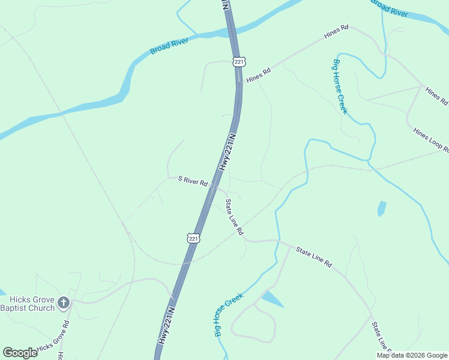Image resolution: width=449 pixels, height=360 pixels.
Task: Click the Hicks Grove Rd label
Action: coord(53,340)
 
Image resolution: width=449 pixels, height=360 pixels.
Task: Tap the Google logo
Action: coord(20,352)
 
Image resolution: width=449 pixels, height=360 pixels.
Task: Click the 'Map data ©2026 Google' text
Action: coord(412,355)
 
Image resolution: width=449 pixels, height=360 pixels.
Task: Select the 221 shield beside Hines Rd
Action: coord(240,62)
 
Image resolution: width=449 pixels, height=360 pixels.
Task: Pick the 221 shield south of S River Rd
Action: coord(193,238)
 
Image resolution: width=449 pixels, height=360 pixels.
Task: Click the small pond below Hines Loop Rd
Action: coord(381,209)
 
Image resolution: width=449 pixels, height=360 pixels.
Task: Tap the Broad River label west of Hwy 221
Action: coord(169,46)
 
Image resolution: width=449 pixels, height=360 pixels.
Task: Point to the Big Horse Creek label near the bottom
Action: coord(228,314)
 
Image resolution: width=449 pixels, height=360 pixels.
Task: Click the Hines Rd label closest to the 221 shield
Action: coord(259,75)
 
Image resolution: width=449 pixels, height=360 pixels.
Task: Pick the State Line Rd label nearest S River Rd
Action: coord(234,217)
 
